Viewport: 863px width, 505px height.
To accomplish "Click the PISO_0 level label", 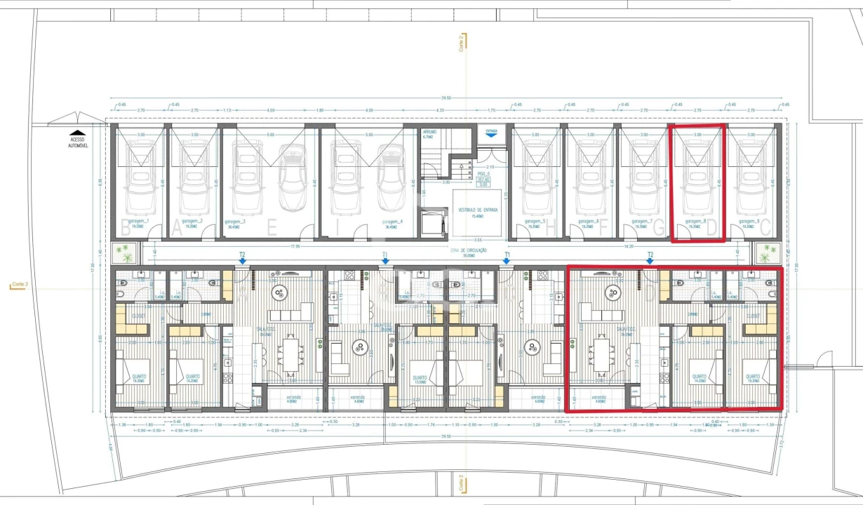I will pos(483,173).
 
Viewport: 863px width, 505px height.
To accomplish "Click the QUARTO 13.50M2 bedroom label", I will pos(420,380).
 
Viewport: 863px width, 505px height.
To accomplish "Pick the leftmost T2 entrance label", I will pos(242,255).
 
